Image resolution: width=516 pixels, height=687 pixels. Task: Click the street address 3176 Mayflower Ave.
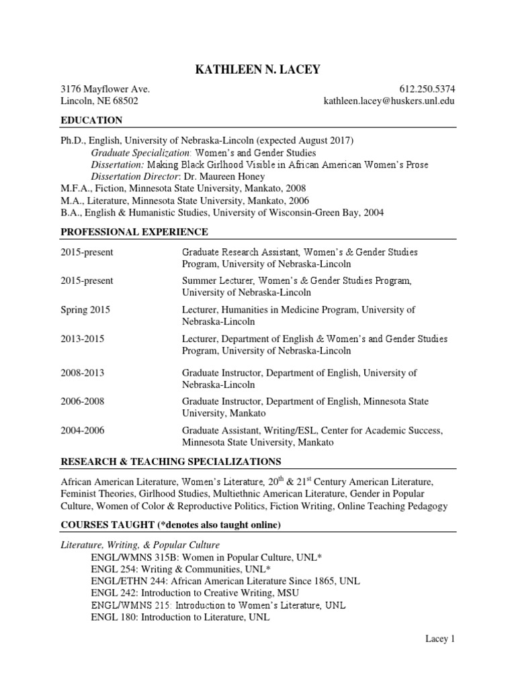click(105, 89)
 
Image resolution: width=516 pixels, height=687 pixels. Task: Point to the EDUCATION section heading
click(91, 121)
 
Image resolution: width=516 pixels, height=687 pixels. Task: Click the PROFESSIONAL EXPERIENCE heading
click(134, 232)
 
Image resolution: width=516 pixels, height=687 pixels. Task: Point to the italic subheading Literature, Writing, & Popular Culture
click(140, 545)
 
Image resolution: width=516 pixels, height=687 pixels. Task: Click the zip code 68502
click(124, 101)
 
